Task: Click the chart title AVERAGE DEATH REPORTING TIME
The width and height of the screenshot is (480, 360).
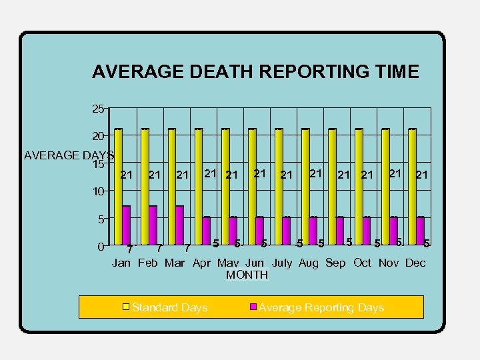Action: click(x=255, y=72)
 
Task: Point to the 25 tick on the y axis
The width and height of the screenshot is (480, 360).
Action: click(x=97, y=108)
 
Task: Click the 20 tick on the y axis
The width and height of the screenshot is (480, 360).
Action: click(x=97, y=136)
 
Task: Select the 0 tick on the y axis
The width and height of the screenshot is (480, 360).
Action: click(x=100, y=247)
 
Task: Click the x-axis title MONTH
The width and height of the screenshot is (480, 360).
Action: click(x=247, y=275)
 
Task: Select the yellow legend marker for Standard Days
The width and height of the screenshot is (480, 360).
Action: click(x=125, y=307)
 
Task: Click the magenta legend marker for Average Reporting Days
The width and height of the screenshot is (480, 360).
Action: click(x=253, y=307)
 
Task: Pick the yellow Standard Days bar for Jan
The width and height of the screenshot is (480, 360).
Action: click(x=118, y=187)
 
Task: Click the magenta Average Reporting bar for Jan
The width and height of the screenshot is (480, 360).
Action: click(x=126, y=225)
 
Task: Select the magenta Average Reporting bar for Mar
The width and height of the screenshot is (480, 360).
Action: click(x=179, y=225)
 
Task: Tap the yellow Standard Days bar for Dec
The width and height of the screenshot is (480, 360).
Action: click(x=412, y=187)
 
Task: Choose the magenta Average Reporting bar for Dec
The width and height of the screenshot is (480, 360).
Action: click(x=420, y=231)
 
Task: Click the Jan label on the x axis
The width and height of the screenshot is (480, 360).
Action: click(x=121, y=263)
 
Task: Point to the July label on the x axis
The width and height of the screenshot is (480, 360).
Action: click(x=282, y=263)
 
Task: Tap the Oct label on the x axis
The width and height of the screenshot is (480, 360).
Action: click(x=362, y=263)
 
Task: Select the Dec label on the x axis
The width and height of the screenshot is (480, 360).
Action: click(x=415, y=263)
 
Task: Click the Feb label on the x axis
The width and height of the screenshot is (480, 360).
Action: click(x=148, y=263)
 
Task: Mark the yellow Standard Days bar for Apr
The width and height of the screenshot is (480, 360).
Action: click(x=199, y=187)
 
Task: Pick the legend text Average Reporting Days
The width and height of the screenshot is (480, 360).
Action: click(x=321, y=307)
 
